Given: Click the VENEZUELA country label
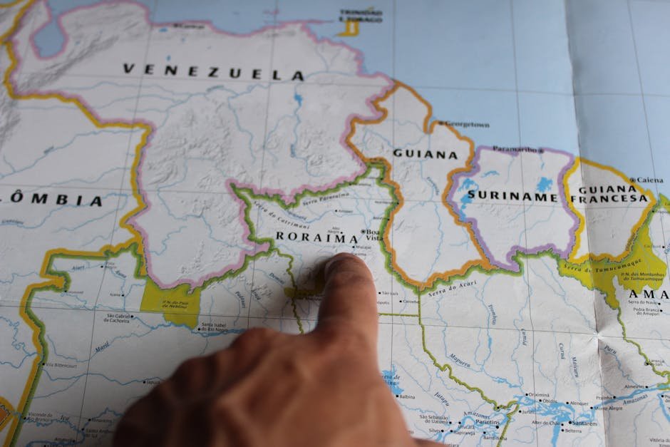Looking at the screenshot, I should pos(213,71).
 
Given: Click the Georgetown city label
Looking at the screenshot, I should pos(468,125).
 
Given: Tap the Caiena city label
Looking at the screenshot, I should pos(650,180).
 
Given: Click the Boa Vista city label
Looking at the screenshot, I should pos(373,235).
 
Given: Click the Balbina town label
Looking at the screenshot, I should pos(406,396).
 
